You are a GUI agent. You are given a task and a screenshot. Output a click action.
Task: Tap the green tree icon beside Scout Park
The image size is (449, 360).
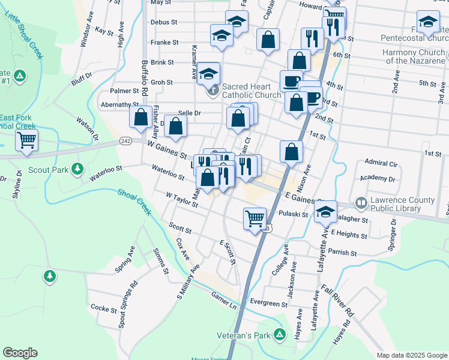[x=77, y=170]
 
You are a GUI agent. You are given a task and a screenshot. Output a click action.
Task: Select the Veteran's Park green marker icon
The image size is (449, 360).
[x=279, y=334]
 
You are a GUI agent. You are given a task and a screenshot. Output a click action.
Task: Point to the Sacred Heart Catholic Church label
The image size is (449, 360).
[x=251, y=91]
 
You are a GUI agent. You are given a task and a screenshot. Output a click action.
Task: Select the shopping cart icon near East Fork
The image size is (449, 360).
[x=26, y=140]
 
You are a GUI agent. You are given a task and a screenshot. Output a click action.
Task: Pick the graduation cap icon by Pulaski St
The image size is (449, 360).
[x=325, y=212]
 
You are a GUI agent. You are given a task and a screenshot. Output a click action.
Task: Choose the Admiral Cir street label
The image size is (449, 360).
[x=381, y=163]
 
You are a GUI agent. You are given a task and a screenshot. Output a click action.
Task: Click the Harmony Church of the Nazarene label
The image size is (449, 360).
[x=414, y=56]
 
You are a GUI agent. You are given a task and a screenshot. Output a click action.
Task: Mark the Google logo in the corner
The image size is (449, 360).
[x=20, y=353]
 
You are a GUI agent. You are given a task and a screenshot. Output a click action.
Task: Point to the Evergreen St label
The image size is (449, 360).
[x=265, y=304]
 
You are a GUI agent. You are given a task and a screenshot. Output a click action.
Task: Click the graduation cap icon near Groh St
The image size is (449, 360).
[x=208, y=74]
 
